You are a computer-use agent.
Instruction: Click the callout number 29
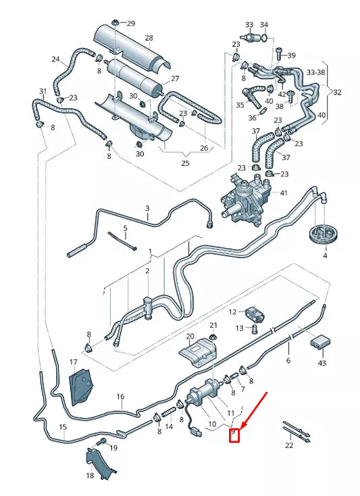pyautogui.click(x=131, y=23)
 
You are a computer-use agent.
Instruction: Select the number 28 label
pyautogui.click(x=149, y=39)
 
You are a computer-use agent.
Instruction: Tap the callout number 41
pyautogui.click(x=283, y=193)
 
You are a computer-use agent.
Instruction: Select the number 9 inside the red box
pyautogui.click(x=234, y=432)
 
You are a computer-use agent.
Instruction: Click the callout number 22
pyautogui.click(x=290, y=445)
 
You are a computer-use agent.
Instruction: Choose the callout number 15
pyautogui.click(x=63, y=427)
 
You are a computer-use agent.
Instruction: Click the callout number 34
pyautogui.click(x=264, y=24)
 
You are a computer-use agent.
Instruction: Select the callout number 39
pyautogui.click(x=292, y=55)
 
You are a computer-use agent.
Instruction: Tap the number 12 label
pyautogui.click(x=232, y=312)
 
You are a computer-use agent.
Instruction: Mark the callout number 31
pyautogui.click(x=43, y=91)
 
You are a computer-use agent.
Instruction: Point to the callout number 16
pyautogui.click(x=120, y=397)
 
